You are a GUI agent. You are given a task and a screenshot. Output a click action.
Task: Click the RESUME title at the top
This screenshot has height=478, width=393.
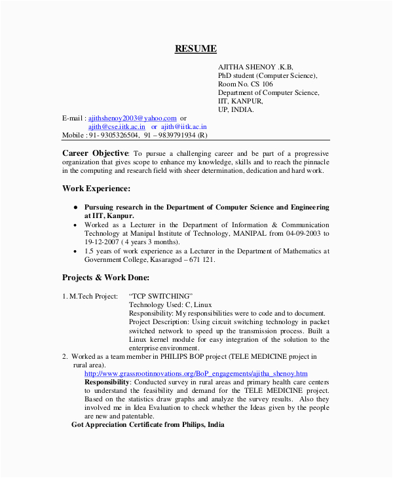[195, 48]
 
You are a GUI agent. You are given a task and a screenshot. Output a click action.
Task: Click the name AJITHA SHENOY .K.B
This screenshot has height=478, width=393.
[255, 67]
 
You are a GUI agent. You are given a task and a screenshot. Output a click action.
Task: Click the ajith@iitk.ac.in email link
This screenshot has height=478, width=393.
[184, 126]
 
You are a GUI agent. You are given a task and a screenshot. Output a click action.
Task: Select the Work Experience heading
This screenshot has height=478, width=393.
[96, 189]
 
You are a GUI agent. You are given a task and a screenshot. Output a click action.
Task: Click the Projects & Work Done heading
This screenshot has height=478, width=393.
[106, 277]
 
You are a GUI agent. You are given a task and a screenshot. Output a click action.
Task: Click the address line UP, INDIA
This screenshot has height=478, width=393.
[235, 110]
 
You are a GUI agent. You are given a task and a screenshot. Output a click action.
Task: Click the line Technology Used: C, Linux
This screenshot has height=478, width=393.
[170, 304]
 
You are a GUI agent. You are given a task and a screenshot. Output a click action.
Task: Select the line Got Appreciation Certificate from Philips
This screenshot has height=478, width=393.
[147, 424]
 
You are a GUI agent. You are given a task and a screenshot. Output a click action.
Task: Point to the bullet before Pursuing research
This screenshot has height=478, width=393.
[75, 208]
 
